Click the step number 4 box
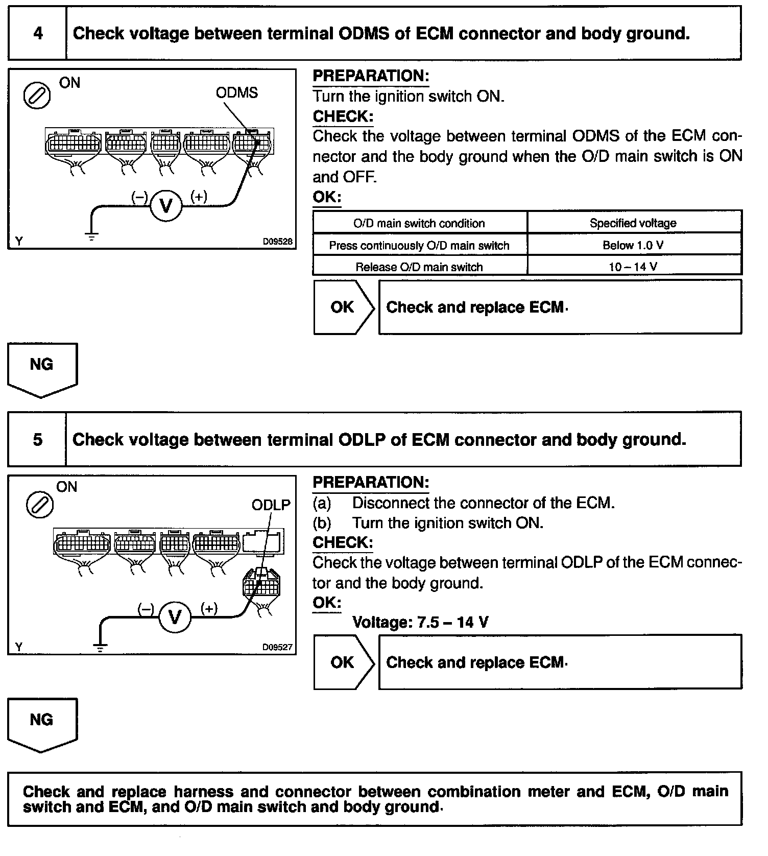coord(38,34)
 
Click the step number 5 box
coord(38,440)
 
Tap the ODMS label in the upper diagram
coord(236,92)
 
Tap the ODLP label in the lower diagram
coord(271,505)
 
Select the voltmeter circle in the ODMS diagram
coord(166,205)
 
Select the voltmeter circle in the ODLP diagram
coord(175,617)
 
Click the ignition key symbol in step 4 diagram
coord(37,96)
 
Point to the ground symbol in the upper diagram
coord(92,236)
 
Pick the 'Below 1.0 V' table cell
coord(633,245)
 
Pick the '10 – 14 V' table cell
coord(633,267)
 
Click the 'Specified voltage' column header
coord(633,223)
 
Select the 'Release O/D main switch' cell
coord(419,267)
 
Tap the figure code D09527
coord(277,647)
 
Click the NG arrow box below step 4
coord(42,369)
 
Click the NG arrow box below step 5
coord(42,724)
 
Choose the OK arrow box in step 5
coord(344,662)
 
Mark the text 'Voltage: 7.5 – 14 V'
coord(420,622)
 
